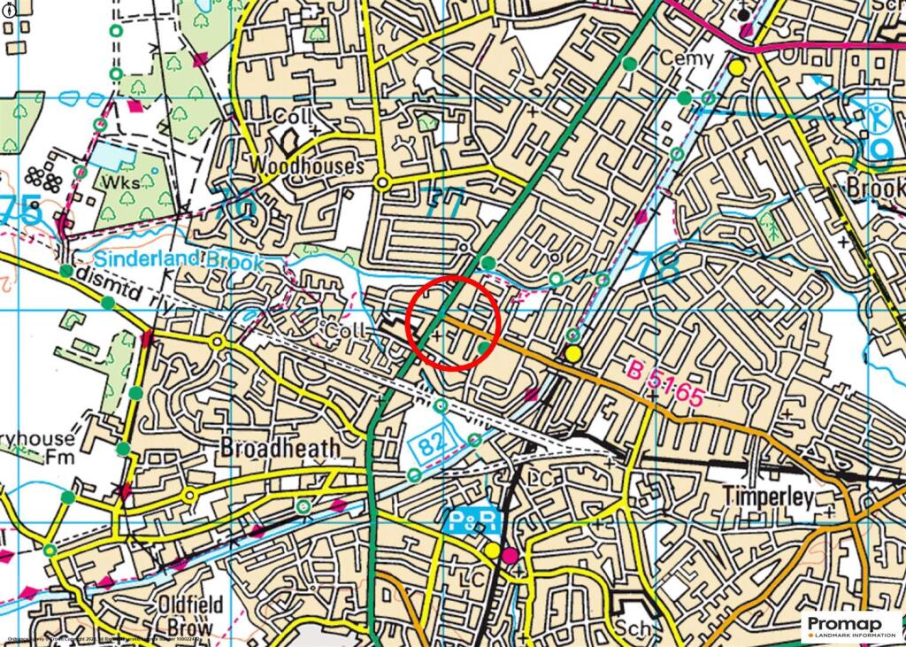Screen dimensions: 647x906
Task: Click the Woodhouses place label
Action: pos(307,166)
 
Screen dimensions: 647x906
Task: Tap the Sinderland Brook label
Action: pos(180,261)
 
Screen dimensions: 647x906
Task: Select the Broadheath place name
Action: pos(280,448)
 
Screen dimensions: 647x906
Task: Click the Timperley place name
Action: pos(767,497)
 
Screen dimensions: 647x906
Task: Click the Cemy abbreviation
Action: pos(687,58)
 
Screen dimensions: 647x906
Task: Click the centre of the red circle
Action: pos(454,322)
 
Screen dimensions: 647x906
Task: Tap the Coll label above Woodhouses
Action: pos(288,117)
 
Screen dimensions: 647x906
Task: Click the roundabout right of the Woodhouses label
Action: pos(382,183)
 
